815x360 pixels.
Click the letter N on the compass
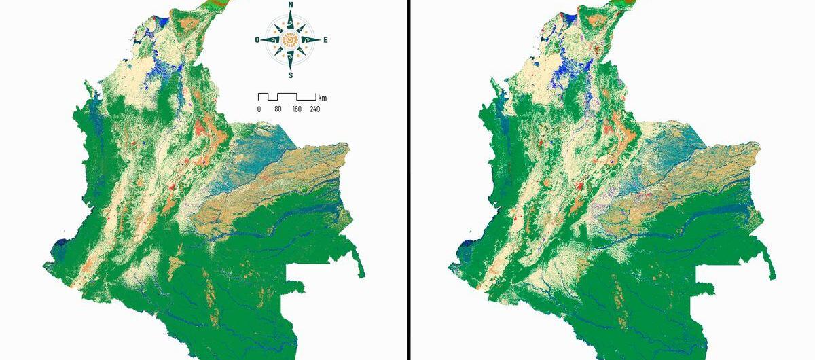click(x=291, y=5)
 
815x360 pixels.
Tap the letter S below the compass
click(x=291, y=75)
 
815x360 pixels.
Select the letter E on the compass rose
click(x=325, y=40)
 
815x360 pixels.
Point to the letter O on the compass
click(x=257, y=40)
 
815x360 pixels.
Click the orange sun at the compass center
click(x=291, y=40)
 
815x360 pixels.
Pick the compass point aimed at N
click(x=291, y=16)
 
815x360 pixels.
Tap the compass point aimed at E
click(x=314, y=40)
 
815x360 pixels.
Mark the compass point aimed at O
click(x=267, y=40)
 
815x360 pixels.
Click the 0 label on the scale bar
click(x=259, y=109)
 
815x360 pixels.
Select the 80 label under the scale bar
click(x=278, y=109)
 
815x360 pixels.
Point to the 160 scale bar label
click(x=297, y=109)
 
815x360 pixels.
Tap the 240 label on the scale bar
click(x=315, y=109)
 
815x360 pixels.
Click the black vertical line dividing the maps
click(x=410, y=180)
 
